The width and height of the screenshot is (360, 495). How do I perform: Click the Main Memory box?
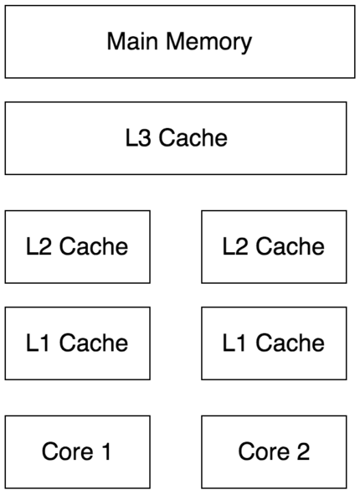pyautogui.click(x=180, y=42)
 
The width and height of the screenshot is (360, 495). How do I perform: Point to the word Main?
pyautogui.click(x=132, y=41)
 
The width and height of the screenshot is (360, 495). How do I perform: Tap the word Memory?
pyautogui.click(x=208, y=43)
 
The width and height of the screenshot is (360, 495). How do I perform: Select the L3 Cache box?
pyautogui.click(x=176, y=138)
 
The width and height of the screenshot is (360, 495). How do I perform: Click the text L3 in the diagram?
pyautogui.click(x=138, y=137)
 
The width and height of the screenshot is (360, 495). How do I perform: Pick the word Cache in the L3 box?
pyautogui.click(x=193, y=137)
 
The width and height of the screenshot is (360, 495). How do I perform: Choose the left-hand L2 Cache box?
pyautogui.click(x=78, y=246)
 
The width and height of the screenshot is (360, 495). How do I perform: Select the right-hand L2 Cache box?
pyautogui.click(x=274, y=246)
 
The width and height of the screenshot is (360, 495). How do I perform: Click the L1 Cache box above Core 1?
pyautogui.click(x=78, y=343)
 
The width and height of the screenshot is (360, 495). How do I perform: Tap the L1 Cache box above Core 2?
pyautogui.click(x=274, y=343)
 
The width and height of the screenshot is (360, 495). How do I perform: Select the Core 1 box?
pyautogui.click(x=78, y=451)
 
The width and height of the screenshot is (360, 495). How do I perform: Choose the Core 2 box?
pyautogui.click(x=274, y=451)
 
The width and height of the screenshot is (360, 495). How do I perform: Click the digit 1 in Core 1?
pyautogui.click(x=106, y=451)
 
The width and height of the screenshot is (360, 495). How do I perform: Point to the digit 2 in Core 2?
pyautogui.click(x=303, y=451)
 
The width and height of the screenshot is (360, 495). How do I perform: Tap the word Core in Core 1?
pyautogui.click(x=68, y=451)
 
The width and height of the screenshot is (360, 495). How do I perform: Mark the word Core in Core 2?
pyautogui.click(x=264, y=451)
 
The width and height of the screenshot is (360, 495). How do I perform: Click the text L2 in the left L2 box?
pyautogui.click(x=39, y=246)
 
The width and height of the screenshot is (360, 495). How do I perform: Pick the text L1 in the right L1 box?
pyautogui.click(x=234, y=343)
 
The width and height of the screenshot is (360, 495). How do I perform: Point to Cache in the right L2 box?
pyautogui.click(x=290, y=246)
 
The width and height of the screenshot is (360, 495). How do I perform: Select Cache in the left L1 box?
pyautogui.click(x=94, y=343)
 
